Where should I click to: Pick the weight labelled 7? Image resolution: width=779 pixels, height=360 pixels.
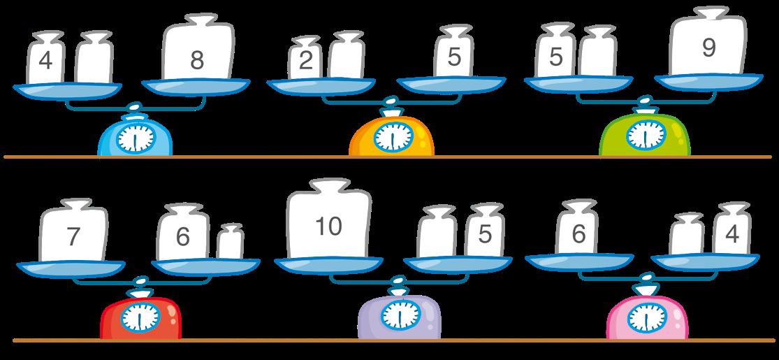(73, 233)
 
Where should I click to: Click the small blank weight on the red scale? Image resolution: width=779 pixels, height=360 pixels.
(230, 243)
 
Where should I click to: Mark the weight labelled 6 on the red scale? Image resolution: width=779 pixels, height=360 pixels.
(183, 235)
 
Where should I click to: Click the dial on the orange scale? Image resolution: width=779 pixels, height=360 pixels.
(392, 138)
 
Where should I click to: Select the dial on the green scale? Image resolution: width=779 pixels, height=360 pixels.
(646, 135)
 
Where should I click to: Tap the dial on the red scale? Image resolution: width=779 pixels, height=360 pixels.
(140, 319)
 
